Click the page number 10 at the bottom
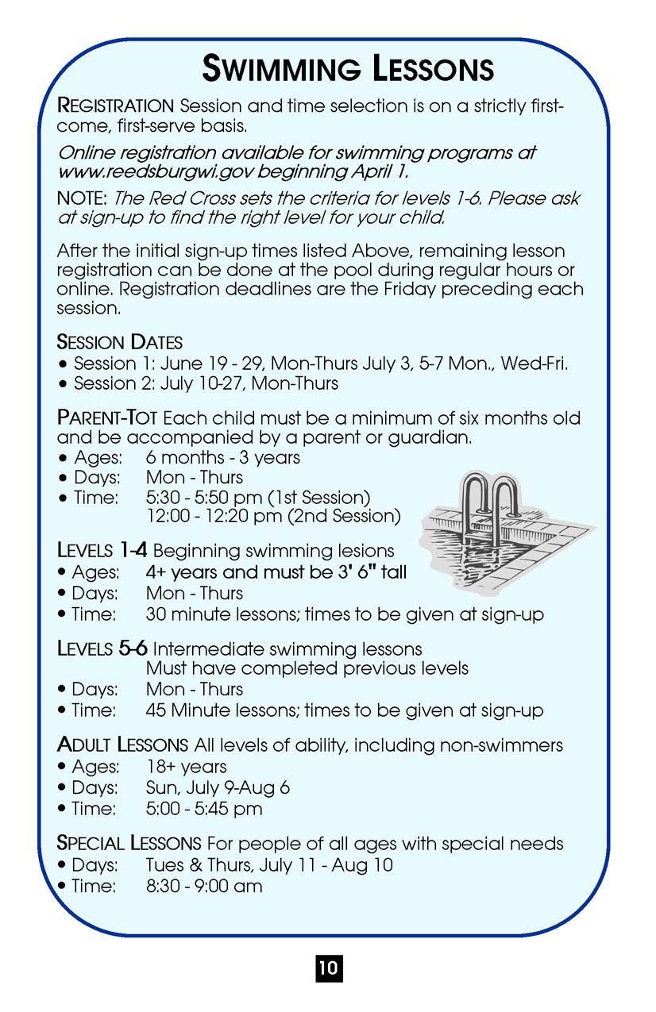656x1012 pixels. click(x=328, y=968)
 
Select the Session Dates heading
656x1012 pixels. click(x=120, y=343)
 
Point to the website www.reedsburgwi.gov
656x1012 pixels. click(x=146, y=171)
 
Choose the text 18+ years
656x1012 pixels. click(x=186, y=767)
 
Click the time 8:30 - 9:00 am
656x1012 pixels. click(x=203, y=886)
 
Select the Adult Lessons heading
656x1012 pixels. click(x=122, y=745)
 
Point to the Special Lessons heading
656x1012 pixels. click(x=129, y=843)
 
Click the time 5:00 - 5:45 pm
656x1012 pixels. click(x=203, y=810)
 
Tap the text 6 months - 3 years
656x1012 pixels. click(x=222, y=458)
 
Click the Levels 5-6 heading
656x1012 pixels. click(x=102, y=648)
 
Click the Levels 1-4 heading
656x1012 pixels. click(x=101, y=550)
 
